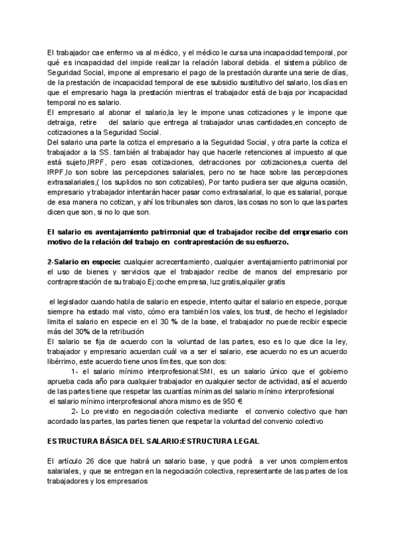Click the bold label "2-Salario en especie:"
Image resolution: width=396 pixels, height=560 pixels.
(x=83, y=262)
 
